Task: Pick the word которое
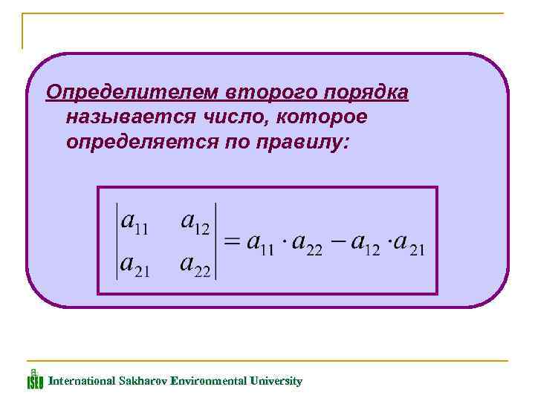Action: pos(320,117)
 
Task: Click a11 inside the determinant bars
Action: pos(135,224)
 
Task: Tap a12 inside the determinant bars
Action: pos(195,224)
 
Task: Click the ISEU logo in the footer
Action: pos(35,379)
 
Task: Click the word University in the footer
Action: pos(276,381)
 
